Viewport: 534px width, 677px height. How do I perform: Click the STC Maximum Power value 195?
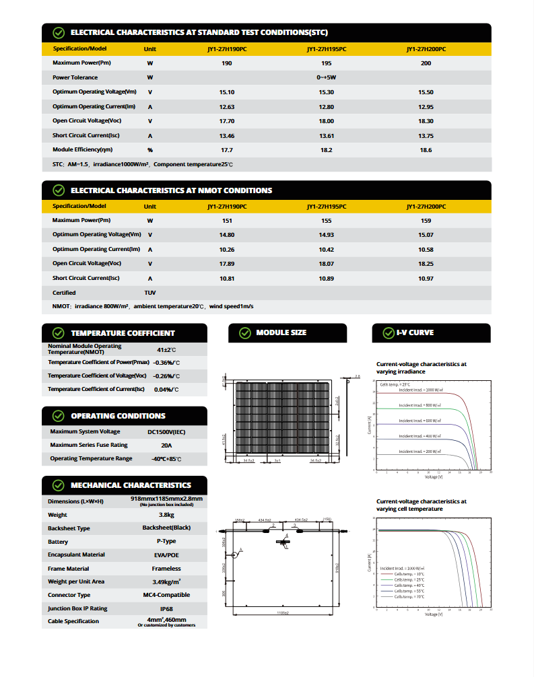326,63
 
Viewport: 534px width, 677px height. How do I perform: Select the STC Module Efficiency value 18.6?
426,150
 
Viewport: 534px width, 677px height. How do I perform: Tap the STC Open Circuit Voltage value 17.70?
227,121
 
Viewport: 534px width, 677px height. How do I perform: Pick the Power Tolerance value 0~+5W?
326,77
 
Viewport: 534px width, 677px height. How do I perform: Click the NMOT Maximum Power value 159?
426,220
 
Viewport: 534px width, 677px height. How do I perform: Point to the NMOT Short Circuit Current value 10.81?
227,278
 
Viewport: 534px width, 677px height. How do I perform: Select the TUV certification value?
149,293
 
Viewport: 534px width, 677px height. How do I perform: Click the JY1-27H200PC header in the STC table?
426,49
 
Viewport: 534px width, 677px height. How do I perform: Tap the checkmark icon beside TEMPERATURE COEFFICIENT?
58,333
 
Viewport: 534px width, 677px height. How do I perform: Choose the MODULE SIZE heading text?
281,333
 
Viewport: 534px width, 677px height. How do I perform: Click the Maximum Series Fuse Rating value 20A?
166,445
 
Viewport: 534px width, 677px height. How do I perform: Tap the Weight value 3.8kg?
166,515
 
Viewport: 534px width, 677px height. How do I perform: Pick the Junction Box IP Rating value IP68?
166,608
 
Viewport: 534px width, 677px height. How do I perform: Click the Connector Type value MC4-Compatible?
166,595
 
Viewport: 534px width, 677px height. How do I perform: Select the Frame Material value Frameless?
166,569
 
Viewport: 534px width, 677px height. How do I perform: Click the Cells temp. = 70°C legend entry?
409,597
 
